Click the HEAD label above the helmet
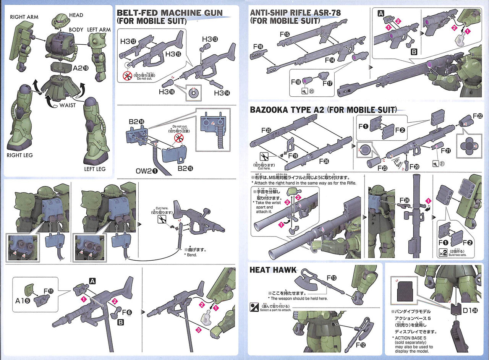click(x=76, y=15)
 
